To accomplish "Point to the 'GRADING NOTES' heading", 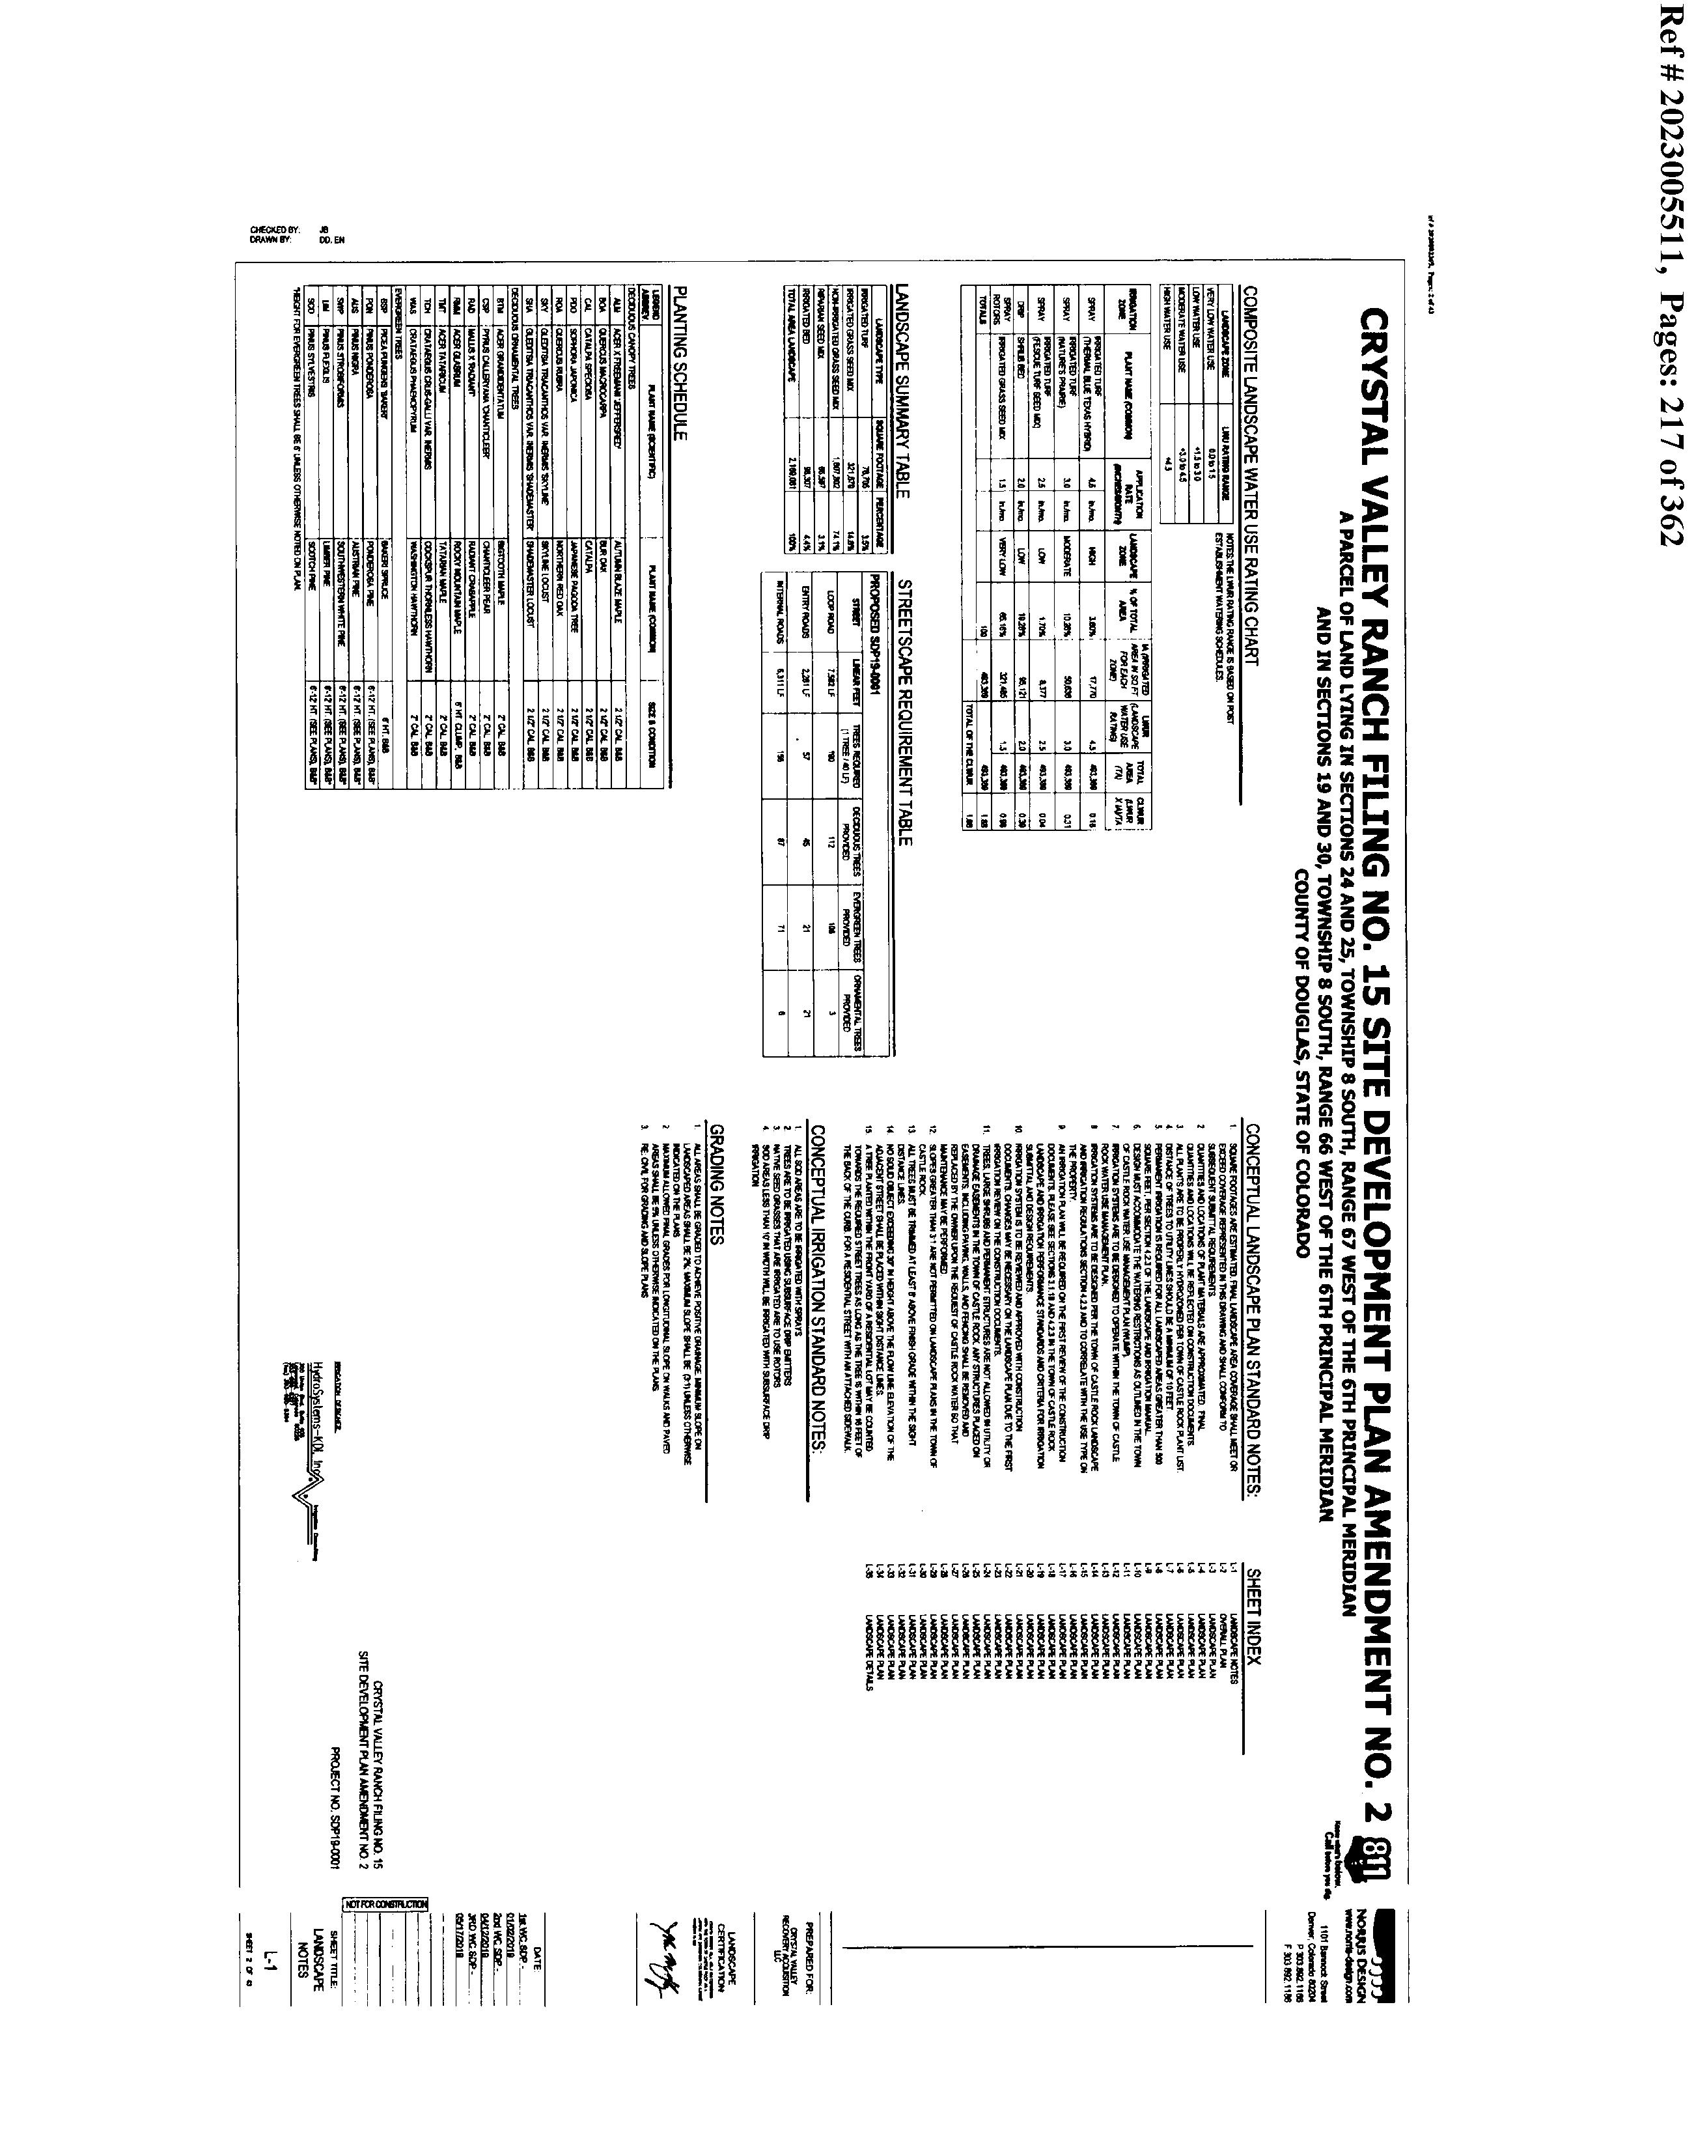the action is (718, 1183).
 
